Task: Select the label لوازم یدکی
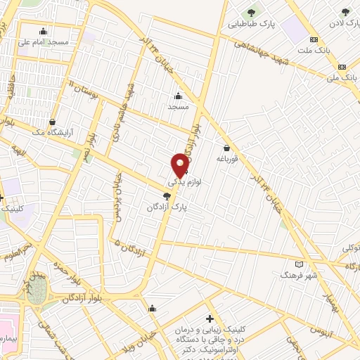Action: point(184,181)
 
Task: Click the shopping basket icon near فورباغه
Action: point(226,148)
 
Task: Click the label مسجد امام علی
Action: point(44,41)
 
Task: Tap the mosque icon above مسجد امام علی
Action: point(44,31)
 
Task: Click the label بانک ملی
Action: point(342,75)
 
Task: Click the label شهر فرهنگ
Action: point(300,275)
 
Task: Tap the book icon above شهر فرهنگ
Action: point(300,264)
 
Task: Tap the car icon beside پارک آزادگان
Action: point(167,196)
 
